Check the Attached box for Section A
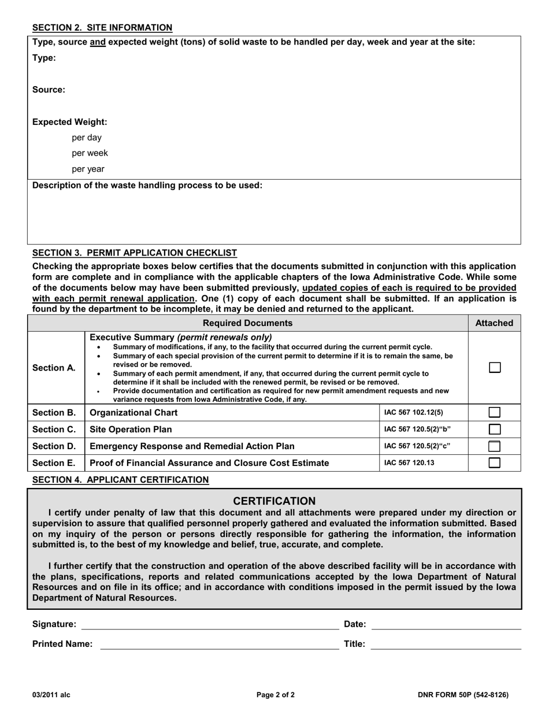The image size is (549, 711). coord(495,368)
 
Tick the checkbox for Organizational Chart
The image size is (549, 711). coord(495,413)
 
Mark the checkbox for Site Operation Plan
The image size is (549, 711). coord(495,429)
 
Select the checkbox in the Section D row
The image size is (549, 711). coord(495,446)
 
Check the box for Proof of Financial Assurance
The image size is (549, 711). coord(495,463)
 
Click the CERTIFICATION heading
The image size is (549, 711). coord(274,501)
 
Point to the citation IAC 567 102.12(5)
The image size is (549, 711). coord(414,413)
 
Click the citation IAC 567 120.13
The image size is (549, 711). coord(409,463)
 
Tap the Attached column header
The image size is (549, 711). coord(494,323)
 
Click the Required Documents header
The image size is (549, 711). coord(248,323)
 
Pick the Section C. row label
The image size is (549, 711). coord(54,429)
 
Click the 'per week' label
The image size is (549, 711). coord(90,153)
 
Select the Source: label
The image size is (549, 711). coord(49,90)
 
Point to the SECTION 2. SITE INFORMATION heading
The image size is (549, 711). coord(102,27)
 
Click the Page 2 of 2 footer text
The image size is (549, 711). coord(276,695)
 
